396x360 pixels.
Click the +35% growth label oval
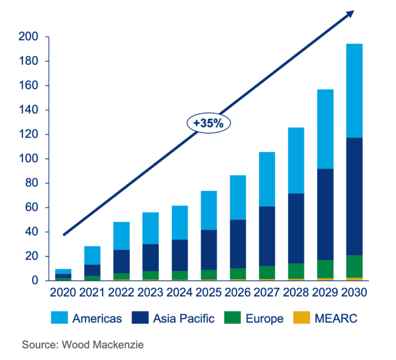(209, 123)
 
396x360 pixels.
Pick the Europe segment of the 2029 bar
(325, 269)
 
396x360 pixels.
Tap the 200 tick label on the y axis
(28, 37)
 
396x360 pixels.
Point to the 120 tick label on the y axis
(28, 134)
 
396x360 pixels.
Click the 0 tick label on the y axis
(34, 280)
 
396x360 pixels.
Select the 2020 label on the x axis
(63, 293)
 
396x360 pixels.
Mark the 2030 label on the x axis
(354, 293)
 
